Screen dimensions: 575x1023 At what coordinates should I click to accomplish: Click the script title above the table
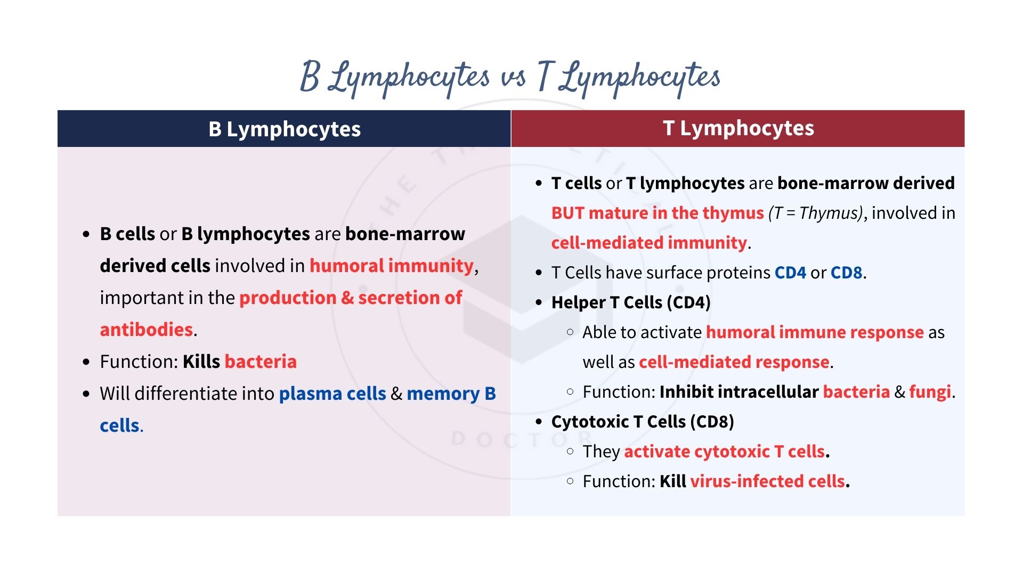510,78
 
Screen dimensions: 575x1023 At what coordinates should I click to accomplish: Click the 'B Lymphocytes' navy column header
284,129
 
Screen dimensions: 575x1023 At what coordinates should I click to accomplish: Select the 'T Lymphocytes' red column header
738,128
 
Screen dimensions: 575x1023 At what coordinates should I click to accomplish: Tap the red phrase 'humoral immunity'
392,266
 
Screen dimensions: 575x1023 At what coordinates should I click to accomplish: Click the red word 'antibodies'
147,330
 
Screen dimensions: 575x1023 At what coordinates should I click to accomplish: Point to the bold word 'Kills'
201,362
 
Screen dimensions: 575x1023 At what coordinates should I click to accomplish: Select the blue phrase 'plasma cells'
332,393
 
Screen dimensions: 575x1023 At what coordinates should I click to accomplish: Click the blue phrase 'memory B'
451,393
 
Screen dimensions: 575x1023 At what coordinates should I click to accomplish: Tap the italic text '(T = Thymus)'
816,213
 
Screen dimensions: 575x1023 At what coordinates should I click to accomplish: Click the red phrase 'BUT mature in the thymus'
657,213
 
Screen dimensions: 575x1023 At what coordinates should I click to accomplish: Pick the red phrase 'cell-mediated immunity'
649,243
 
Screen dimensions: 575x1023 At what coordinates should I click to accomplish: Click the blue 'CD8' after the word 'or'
846,273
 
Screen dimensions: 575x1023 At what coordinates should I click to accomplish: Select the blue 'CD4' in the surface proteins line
790,273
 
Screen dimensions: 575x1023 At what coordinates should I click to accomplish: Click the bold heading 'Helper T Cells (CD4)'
631,302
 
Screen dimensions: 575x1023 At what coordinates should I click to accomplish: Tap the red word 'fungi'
930,392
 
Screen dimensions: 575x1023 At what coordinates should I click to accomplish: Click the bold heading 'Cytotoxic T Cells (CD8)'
643,422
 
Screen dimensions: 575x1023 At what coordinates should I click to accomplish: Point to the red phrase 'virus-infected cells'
767,481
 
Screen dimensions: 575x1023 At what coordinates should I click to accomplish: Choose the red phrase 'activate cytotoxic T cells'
725,451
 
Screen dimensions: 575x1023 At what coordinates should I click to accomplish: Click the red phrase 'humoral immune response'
815,332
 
